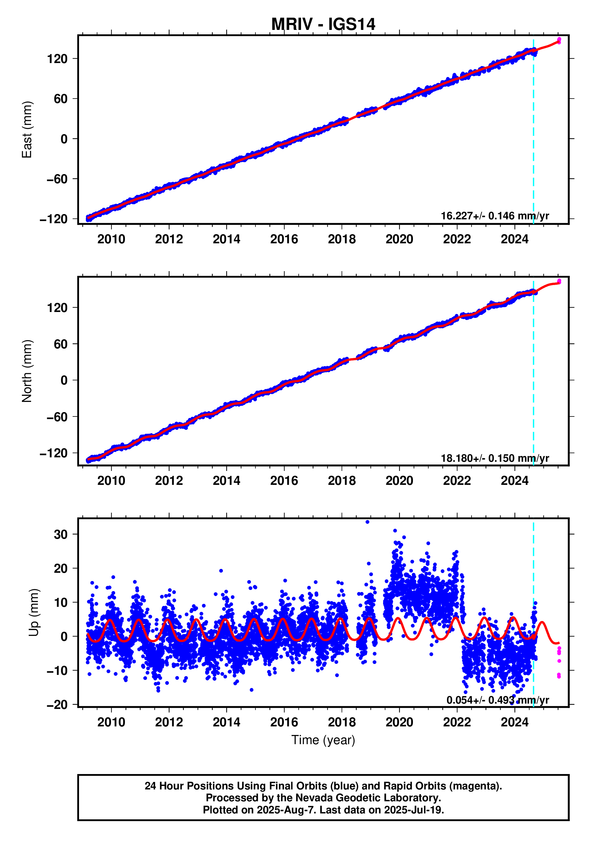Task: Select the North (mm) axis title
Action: [27, 371]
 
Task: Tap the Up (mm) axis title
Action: [34, 612]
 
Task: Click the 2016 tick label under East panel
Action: [284, 239]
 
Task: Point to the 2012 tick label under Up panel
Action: [169, 722]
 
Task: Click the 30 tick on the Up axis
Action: [60, 535]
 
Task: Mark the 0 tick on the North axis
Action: [64, 380]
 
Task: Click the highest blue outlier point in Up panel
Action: [367, 522]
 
